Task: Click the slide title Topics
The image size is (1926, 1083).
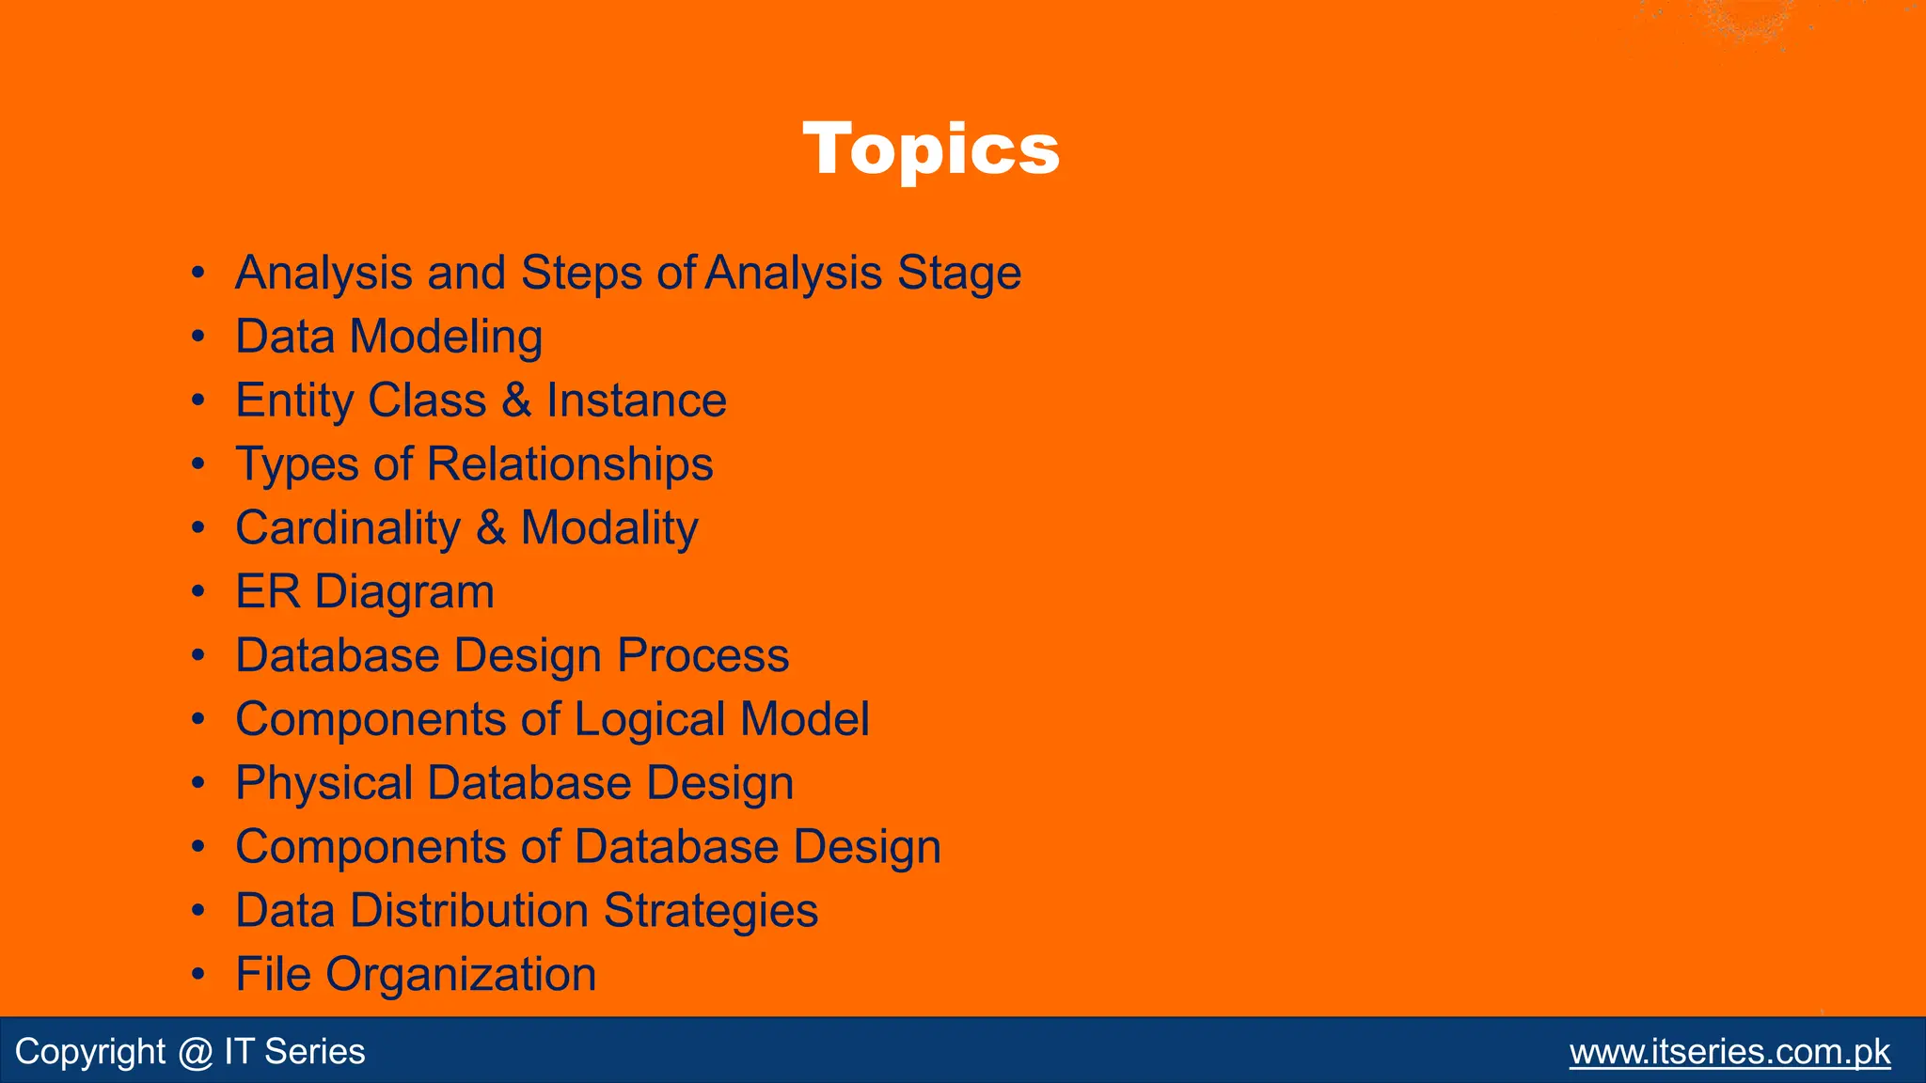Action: point(931,149)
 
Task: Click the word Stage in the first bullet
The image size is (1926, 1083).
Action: point(958,274)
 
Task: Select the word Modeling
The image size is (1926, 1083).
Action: point(446,337)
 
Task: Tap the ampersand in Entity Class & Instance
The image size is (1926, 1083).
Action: point(516,400)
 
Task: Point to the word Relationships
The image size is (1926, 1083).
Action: point(570,464)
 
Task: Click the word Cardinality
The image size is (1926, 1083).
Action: point(348,528)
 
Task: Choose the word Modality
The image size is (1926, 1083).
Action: point(609,528)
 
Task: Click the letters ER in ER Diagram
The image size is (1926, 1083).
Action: point(267,592)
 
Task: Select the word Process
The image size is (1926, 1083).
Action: point(703,655)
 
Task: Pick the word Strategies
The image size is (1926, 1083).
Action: point(710,911)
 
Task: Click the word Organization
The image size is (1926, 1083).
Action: point(461,975)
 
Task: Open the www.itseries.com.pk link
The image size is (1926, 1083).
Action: point(1729,1052)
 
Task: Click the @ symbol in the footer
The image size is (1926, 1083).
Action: point(195,1052)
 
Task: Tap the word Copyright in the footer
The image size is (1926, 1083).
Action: point(90,1052)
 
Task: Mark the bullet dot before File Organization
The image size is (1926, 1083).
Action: point(197,975)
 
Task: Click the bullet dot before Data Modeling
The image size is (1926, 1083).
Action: point(197,337)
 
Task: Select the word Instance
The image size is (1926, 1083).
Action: point(636,400)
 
